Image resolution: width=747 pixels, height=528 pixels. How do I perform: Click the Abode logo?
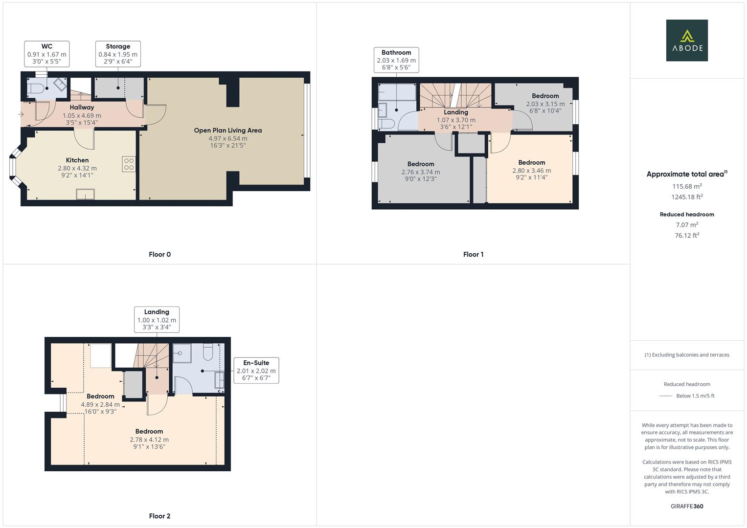(x=686, y=40)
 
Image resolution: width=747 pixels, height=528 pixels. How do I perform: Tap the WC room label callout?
(x=46, y=54)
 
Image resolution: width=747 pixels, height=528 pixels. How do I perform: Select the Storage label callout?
(x=118, y=54)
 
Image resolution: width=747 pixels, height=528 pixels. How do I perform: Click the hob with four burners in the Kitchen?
(x=129, y=164)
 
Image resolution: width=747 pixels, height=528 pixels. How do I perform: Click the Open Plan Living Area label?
(x=227, y=131)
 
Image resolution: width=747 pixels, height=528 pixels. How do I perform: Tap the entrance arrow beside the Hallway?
(x=21, y=114)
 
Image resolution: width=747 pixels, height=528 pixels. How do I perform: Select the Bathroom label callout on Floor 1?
(x=396, y=60)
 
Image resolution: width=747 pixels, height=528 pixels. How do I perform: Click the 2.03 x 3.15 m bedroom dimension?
(x=545, y=104)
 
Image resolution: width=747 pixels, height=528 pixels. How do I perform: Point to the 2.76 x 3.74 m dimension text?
(x=420, y=172)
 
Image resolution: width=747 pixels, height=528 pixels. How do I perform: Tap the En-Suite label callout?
(x=256, y=370)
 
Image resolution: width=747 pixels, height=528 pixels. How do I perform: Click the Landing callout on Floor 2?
(x=157, y=319)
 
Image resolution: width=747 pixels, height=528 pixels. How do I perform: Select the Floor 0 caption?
(x=159, y=254)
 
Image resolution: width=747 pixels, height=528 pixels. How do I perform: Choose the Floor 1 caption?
(x=473, y=254)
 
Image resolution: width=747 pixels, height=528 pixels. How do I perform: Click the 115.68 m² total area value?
(x=687, y=186)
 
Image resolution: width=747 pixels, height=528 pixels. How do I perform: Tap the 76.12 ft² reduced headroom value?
(x=687, y=236)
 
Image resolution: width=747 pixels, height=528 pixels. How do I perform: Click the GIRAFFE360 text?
(x=687, y=506)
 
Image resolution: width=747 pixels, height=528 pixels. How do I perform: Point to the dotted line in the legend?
(x=665, y=396)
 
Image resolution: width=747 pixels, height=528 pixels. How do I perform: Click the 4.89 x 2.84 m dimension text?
(x=100, y=404)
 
